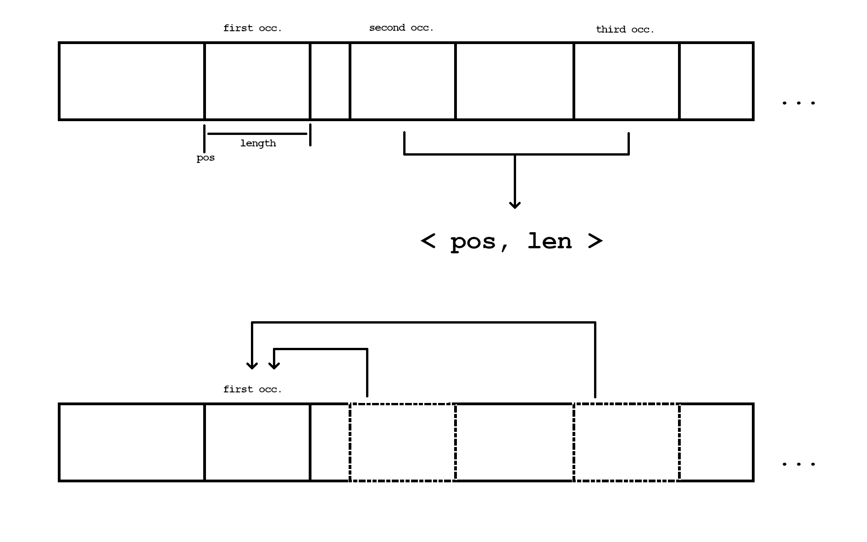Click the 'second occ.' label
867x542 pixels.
click(x=401, y=28)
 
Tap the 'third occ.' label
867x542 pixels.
click(x=625, y=30)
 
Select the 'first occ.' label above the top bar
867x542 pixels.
click(x=252, y=28)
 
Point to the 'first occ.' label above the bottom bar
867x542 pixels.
click(x=252, y=390)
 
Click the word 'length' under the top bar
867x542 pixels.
click(x=258, y=144)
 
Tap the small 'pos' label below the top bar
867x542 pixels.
click(x=206, y=158)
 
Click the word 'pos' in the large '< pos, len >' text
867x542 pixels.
click(x=473, y=242)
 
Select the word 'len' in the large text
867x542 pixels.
click(x=549, y=241)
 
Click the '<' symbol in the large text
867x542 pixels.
click(x=428, y=241)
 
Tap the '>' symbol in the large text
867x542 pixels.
click(x=595, y=241)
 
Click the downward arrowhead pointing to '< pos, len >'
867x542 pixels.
click(x=515, y=205)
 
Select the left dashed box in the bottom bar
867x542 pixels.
click(x=402, y=442)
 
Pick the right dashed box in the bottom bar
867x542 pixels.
click(x=626, y=442)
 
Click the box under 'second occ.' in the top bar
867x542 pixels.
click(x=402, y=81)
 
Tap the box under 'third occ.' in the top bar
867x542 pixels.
click(x=626, y=81)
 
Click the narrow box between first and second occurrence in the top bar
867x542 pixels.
click(x=330, y=81)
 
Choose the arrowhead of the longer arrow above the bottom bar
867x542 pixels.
click(x=252, y=366)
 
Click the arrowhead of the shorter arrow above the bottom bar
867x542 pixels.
click(x=274, y=366)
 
